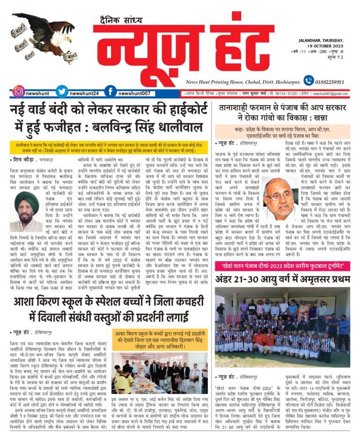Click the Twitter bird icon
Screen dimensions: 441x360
tap(62, 92)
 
